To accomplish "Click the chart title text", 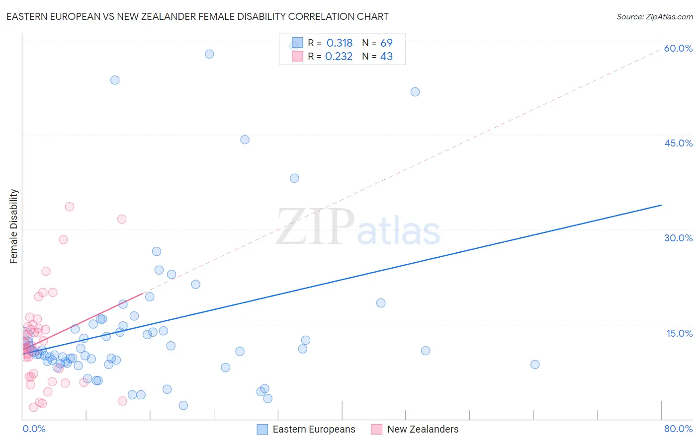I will click(197, 16).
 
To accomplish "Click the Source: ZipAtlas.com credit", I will click(654, 17).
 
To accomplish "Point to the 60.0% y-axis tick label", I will click(678, 48).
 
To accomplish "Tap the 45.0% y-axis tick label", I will click(678, 143).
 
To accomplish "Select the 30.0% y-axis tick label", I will click(678, 238).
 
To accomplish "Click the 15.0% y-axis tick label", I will click(679, 333).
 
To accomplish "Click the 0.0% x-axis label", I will click(34, 429).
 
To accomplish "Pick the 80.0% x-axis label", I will click(678, 429).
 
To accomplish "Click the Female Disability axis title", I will click(14, 226).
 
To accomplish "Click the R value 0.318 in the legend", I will click(340, 43).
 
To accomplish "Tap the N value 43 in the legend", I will click(386, 57).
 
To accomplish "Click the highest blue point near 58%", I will click(209, 54).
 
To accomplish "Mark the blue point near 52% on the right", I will click(415, 92).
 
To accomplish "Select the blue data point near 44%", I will click(245, 140).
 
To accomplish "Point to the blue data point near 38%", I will click(294, 178).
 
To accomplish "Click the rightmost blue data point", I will click(535, 364).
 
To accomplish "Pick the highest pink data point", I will click(70, 207).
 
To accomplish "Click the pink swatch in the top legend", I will click(297, 56).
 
